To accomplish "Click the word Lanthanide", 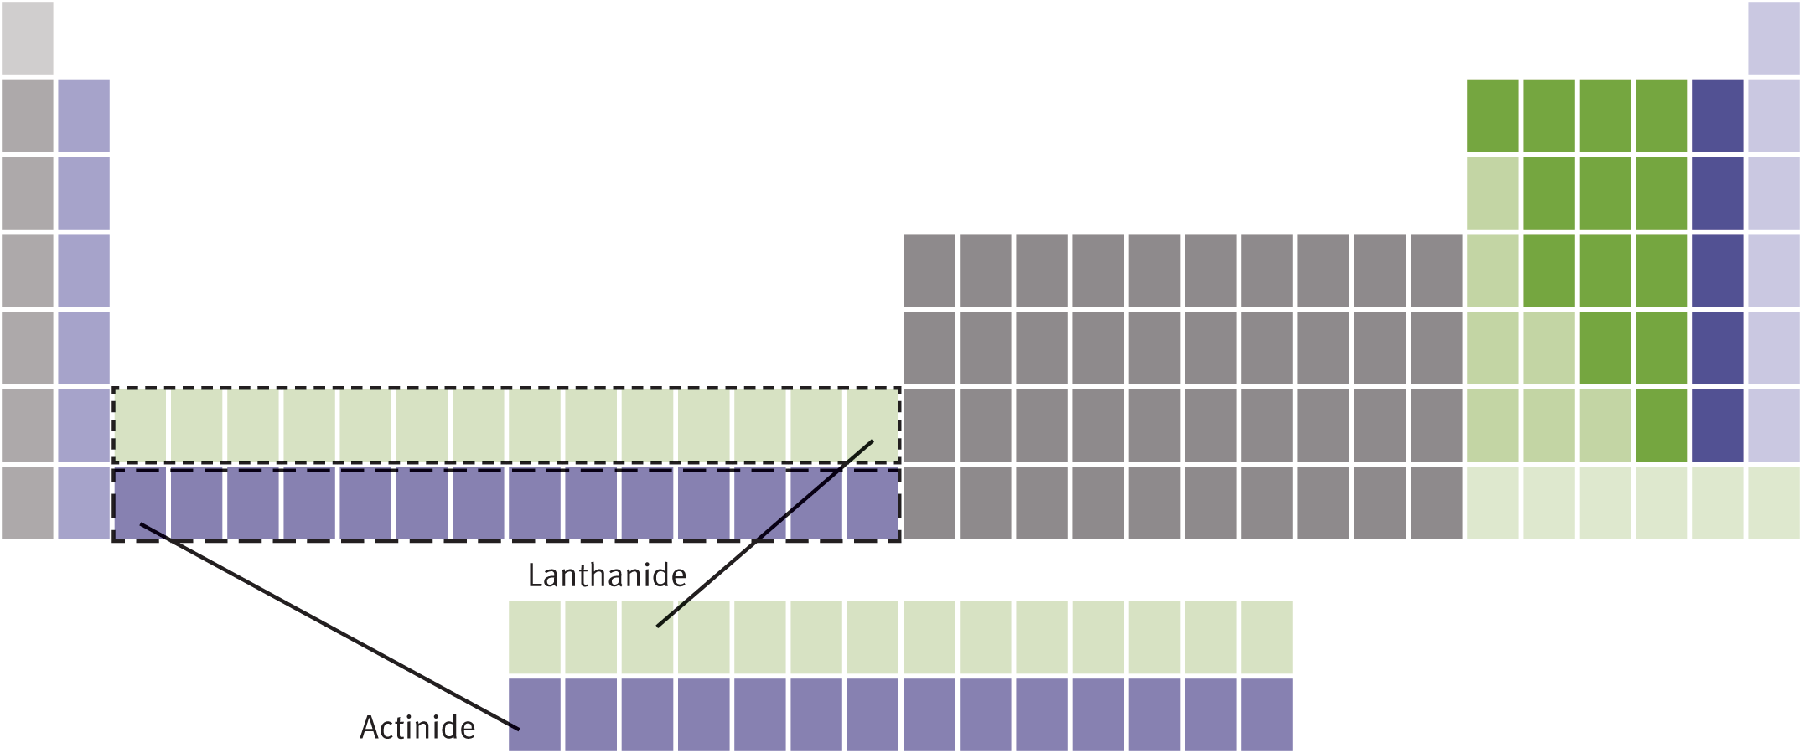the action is (607, 575).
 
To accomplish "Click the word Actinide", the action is (417, 727).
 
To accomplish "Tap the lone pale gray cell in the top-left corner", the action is (28, 38).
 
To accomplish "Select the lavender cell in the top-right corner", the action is (1774, 38).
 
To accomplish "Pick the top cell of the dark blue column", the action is (1717, 116).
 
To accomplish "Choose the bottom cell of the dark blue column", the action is (1717, 425).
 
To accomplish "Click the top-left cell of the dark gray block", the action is (929, 270).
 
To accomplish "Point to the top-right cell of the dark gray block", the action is (1436, 270).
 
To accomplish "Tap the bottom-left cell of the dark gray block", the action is (929, 503).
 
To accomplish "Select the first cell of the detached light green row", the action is (535, 637).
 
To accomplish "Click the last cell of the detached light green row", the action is (1266, 637).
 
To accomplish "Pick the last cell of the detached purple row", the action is (1266, 714).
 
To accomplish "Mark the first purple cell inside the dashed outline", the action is (141, 503).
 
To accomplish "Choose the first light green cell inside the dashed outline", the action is (141, 425).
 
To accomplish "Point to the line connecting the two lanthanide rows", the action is (764, 534).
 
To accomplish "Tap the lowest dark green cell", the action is (1661, 425).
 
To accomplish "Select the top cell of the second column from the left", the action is (84, 116).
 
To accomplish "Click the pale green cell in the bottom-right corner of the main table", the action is (1774, 503).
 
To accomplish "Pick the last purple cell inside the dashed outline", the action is (873, 503).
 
